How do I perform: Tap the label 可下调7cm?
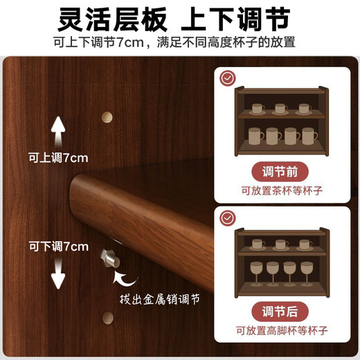57,246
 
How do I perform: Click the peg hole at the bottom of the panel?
107,318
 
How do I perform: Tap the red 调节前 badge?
282,170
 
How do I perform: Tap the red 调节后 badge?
282,309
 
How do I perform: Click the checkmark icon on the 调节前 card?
226,78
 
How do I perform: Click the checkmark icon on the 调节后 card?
226,217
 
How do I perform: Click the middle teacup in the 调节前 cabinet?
280,108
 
